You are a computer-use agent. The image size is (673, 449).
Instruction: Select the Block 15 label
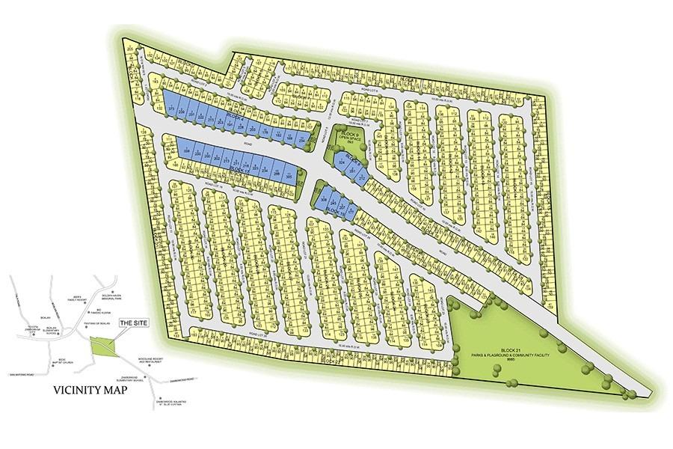(x=335, y=213)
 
